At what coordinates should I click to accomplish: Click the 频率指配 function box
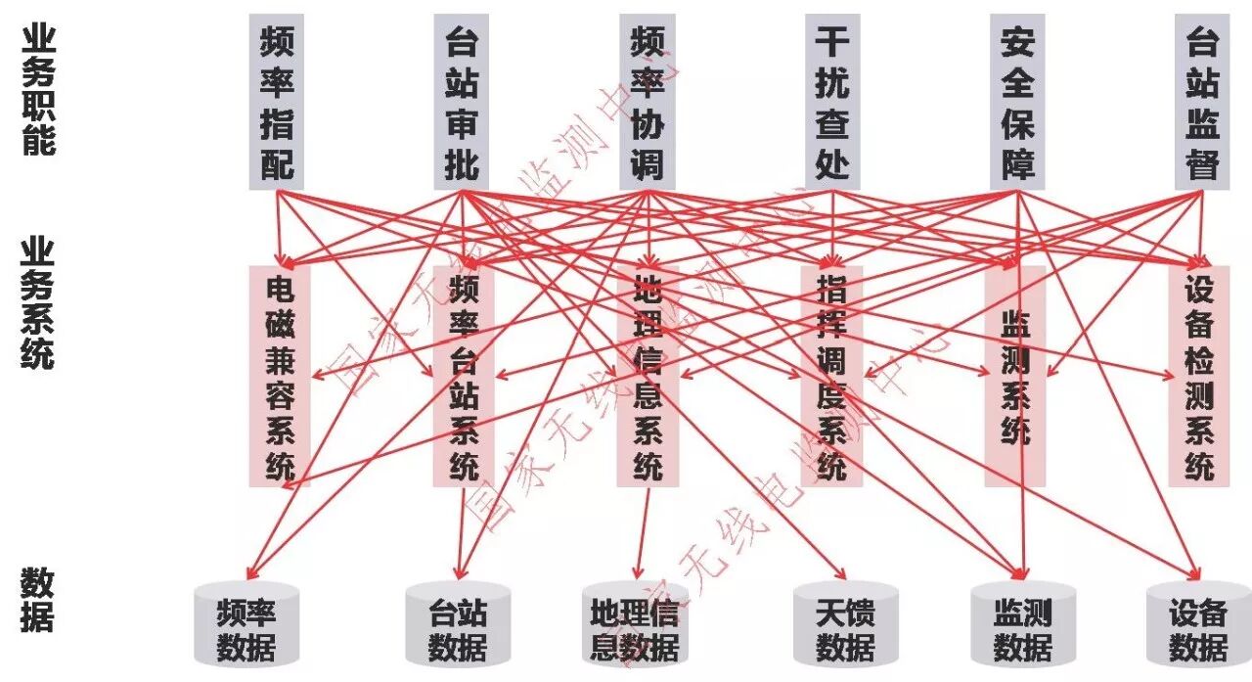277,101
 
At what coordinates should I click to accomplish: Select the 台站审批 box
462,101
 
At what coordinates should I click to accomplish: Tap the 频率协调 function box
647,101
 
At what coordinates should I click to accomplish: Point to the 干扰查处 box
832,101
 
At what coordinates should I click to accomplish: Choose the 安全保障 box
1017,101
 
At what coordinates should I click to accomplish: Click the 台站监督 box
1202,101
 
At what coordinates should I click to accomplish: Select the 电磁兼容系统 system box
280,377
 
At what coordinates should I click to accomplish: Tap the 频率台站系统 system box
464,377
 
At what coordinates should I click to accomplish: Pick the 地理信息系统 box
648,377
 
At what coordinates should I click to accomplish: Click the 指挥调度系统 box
831,377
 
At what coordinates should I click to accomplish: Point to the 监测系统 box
1015,377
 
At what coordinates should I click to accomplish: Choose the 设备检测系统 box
1199,377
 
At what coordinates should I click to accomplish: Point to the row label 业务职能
38,89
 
